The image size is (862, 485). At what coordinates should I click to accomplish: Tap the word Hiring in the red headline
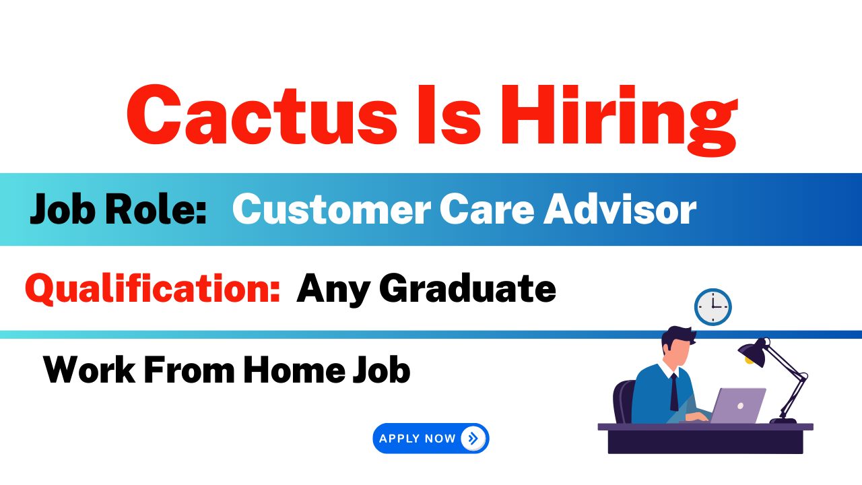[x=618, y=116]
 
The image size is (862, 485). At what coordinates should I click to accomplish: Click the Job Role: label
[x=118, y=209]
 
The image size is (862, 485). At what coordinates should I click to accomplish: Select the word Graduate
[x=467, y=288]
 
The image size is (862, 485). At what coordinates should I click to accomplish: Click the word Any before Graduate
[x=333, y=289]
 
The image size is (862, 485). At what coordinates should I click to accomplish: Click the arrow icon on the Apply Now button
[x=473, y=439]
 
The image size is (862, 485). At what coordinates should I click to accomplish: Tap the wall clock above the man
[x=712, y=307]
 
